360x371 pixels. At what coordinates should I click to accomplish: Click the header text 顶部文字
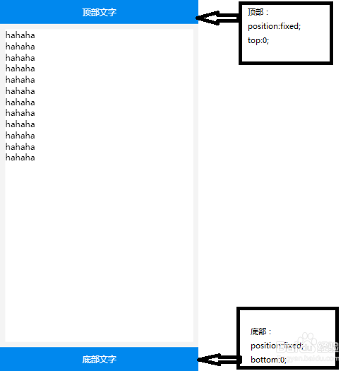point(100,12)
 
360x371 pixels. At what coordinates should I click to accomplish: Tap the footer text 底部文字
point(100,360)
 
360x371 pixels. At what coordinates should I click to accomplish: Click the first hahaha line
point(20,35)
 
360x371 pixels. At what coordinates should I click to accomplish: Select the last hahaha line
point(20,158)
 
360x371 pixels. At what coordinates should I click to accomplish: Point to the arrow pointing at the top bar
point(217,18)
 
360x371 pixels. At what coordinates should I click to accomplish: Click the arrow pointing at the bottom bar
point(220,360)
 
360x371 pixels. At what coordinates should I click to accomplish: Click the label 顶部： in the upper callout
point(258,12)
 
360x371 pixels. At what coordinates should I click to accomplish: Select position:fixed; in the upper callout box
point(274,26)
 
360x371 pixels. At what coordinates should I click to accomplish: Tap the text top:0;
point(258,40)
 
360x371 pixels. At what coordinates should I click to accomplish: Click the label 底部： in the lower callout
point(260,331)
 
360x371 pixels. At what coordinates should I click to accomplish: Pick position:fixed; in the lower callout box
point(277,346)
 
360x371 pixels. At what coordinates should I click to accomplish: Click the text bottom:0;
point(268,360)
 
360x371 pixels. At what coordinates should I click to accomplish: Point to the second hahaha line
point(20,47)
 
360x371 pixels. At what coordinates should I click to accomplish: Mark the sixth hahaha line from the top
point(20,91)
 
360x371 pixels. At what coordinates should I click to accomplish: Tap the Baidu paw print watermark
point(307,340)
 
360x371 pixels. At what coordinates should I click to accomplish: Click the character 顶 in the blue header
point(86,12)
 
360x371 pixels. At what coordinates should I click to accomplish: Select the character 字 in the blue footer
point(112,360)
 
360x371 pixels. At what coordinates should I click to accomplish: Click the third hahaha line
point(20,58)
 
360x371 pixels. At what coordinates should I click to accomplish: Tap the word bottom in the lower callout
point(263,360)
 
